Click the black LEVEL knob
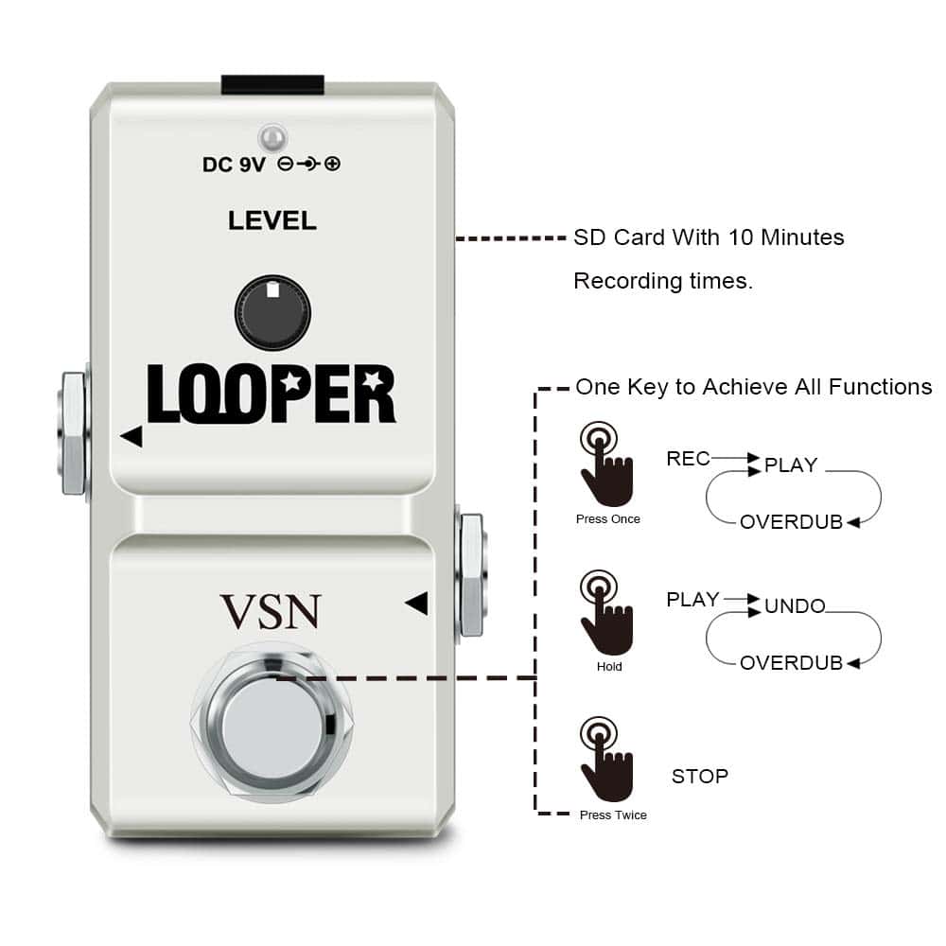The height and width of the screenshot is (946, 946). pyautogui.click(x=272, y=313)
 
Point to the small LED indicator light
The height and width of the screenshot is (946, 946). pyautogui.click(x=273, y=138)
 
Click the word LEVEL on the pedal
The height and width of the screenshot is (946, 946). pyautogui.click(x=272, y=220)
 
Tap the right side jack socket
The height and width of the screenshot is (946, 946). pyautogui.click(x=470, y=575)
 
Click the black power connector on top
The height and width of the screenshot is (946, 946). pyautogui.click(x=272, y=85)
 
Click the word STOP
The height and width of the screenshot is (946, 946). pyautogui.click(x=700, y=777)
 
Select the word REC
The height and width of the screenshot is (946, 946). pyautogui.click(x=688, y=459)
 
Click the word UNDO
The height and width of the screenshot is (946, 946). pyautogui.click(x=795, y=606)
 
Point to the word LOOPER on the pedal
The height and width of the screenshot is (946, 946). pyautogui.click(x=272, y=395)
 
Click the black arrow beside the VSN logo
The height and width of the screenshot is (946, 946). pyautogui.click(x=416, y=603)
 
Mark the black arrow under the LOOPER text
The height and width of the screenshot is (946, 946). pyautogui.click(x=131, y=436)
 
